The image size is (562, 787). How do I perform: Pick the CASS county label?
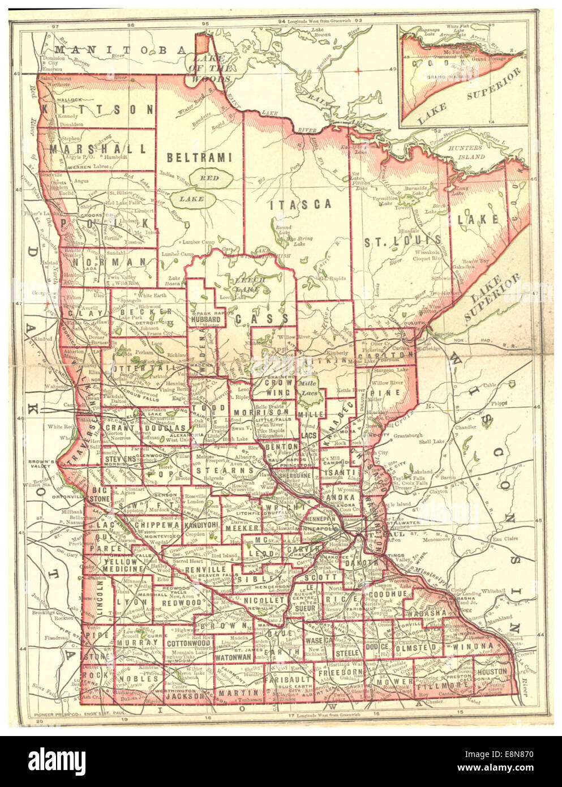pos(262,319)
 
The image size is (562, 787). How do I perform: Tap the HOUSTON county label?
pos(491,671)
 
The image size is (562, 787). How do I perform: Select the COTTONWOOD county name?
pos(189,643)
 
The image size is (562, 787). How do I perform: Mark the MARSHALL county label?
pos(98,149)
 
